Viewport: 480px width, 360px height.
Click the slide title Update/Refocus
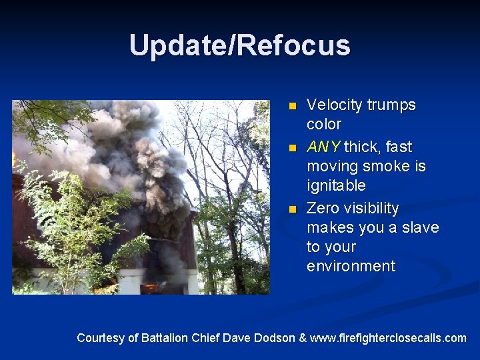[x=240, y=45]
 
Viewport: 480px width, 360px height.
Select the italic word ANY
[x=323, y=147]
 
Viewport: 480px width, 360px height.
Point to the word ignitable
[x=336, y=185]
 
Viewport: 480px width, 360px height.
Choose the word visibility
[x=370, y=209]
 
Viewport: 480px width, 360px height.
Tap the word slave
[x=420, y=228]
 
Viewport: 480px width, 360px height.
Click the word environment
[x=351, y=267]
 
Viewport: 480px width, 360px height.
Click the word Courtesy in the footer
[x=100, y=338]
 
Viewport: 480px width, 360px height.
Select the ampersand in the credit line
[x=303, y=338]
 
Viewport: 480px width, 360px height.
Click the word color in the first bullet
[x=324, y=125]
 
